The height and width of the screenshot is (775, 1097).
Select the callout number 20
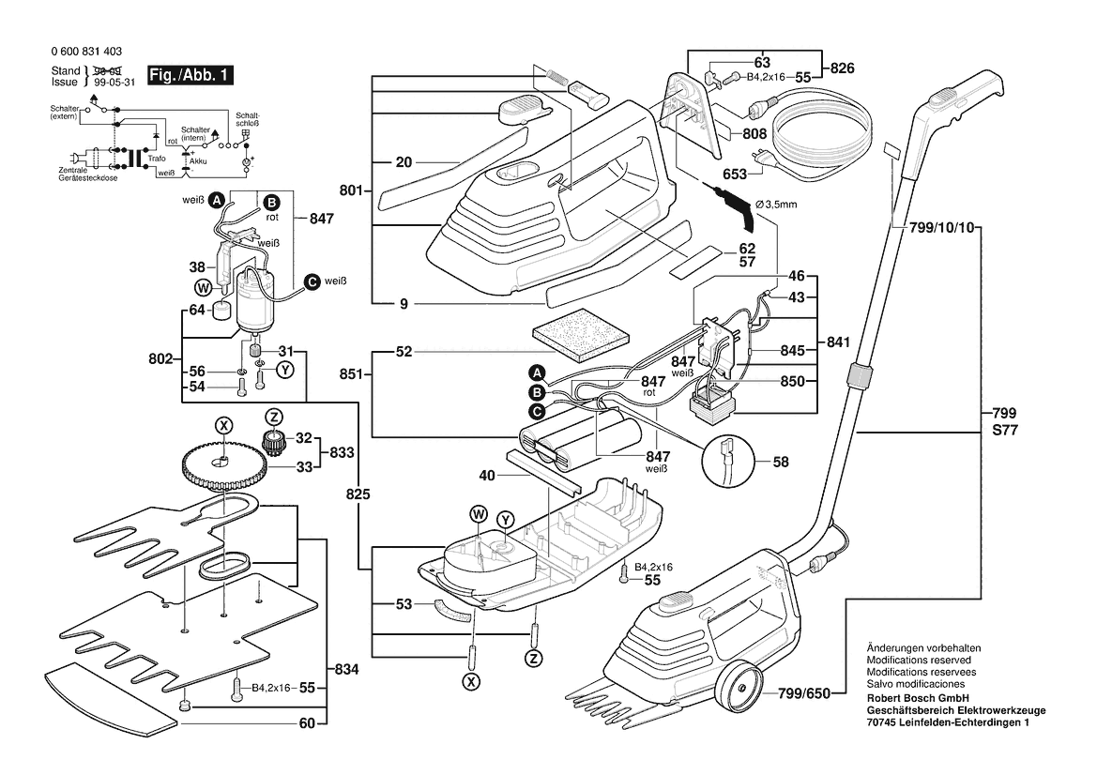tap(403, 162)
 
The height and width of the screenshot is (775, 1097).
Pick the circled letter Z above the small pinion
tap(274, 417)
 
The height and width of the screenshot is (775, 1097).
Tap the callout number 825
tap(358, 493)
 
